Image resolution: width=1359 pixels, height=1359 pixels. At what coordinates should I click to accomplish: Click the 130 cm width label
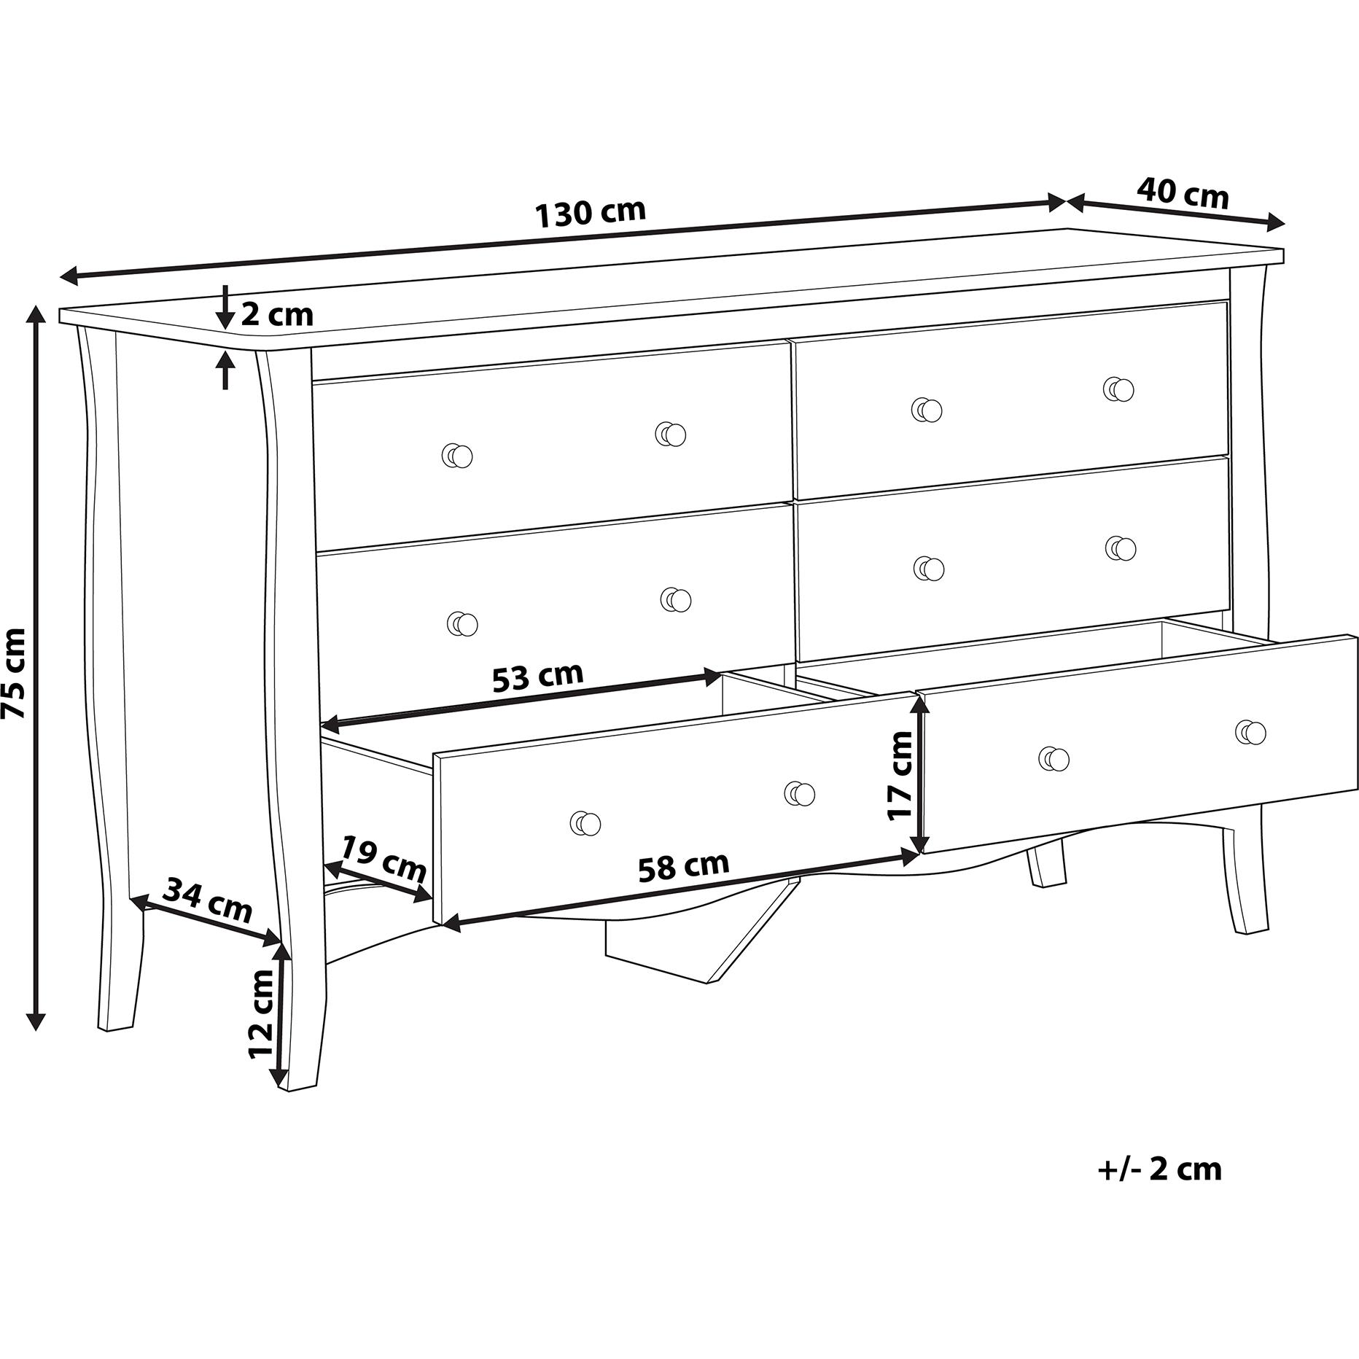click(x=591, y=213)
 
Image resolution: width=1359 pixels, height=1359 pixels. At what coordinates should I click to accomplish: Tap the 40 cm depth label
click(x=1183, y=194)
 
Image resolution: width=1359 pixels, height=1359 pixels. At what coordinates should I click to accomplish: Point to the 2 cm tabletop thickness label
click(x=277, y=315)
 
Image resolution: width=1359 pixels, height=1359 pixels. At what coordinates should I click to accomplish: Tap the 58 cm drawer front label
click(x=683, y=866)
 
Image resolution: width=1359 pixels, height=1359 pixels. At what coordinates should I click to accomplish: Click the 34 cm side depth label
click(x=207, y=901)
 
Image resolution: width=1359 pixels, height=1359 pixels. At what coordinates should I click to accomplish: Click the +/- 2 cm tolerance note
click(x=1159, y=1189)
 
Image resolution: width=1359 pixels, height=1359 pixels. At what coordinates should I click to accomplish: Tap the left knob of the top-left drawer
click(x=458, y=456)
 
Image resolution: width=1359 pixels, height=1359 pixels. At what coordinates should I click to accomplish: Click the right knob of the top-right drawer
click(x=1119, y=389)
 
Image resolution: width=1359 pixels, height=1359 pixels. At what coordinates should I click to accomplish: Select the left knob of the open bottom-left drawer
click(x=585, y=824)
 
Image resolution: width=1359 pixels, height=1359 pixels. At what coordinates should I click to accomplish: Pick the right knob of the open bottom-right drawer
click(x=1251, y=732)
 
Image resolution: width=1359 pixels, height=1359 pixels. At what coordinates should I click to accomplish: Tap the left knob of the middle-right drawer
click(x=929, y=569)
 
